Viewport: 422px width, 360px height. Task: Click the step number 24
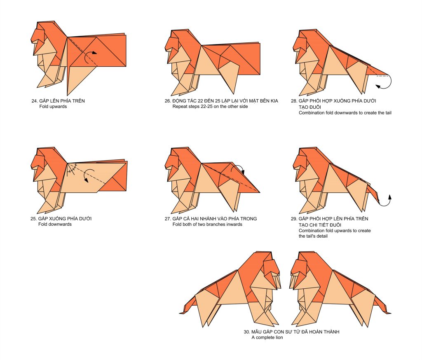35,101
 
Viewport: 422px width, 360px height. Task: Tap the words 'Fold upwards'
53,107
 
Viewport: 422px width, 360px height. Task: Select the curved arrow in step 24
89,56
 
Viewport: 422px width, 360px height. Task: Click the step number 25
33,219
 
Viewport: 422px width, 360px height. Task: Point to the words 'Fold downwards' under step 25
55,224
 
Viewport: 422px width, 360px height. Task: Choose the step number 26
168,101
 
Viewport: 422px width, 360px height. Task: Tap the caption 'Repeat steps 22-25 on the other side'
210,107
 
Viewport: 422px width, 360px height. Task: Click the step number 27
168,219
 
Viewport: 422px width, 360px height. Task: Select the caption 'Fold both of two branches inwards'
208,224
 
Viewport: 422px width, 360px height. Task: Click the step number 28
294,101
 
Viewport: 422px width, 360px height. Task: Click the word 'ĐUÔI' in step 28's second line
316,107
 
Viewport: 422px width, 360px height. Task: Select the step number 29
294,219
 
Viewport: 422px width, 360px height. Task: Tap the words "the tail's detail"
313,236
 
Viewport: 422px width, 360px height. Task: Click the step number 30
247,332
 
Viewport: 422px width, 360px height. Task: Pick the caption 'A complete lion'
267,338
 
